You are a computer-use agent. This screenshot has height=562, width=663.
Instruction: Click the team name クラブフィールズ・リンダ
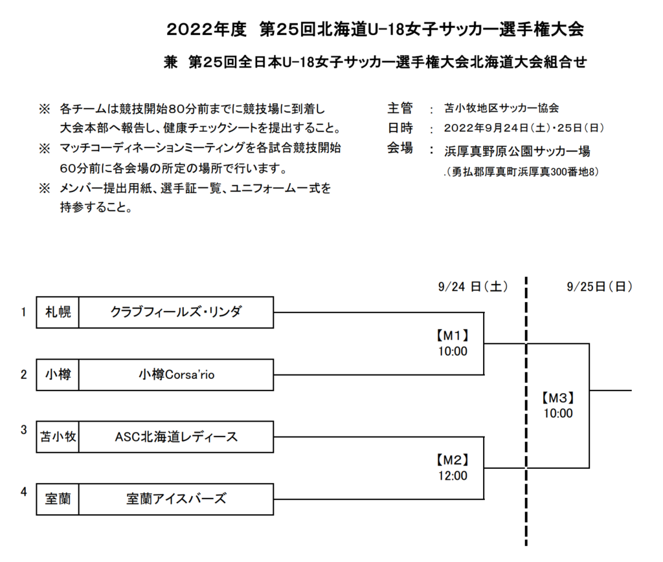tap(176, 312)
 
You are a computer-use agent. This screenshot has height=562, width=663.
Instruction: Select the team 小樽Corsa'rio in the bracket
tap(176, 374)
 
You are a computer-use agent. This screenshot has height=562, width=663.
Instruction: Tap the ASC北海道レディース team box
tap(176, 437)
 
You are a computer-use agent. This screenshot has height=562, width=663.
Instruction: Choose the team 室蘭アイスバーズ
tap(176, 499)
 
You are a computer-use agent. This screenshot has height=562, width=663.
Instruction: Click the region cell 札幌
tap(58, 312)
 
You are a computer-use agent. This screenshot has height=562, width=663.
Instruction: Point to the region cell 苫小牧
tap(58, 437)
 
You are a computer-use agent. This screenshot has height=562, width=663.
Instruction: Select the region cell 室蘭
tap(58, 499)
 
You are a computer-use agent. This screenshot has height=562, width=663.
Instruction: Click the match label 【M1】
tap(453, 336)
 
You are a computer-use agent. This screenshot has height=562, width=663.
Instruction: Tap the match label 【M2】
tap(453, 460)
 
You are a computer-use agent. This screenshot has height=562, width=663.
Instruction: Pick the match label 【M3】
tap(557, 398)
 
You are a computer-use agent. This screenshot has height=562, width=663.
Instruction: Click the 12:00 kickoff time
tap(453, 476)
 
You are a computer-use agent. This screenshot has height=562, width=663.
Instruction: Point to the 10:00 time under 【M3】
tap(557, 413)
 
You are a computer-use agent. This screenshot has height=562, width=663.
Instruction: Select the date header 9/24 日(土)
tap(473, 286)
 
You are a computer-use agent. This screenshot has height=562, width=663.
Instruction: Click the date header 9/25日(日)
tap(600, 286)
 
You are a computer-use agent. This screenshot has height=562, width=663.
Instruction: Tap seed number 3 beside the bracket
tap(24, 429)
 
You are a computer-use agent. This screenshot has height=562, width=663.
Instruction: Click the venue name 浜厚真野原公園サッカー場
tap(517, 151)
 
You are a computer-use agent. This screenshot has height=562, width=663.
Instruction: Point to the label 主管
tap(399, 109)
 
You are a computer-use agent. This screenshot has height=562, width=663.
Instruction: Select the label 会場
tap(399, 148)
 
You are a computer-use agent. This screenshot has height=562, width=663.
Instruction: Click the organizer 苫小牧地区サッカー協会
tap(502, 109)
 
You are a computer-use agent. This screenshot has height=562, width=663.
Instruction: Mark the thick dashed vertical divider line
tap(526, 411)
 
